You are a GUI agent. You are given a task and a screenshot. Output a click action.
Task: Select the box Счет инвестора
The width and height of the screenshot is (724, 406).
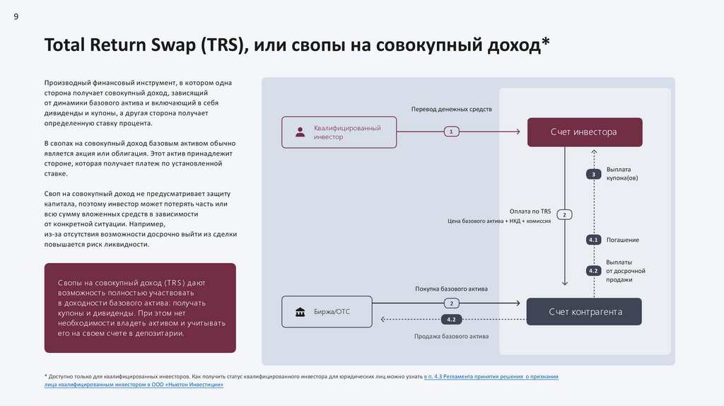tap(584, 132)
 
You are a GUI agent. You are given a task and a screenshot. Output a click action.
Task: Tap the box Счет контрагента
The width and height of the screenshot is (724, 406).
tap(584, 312)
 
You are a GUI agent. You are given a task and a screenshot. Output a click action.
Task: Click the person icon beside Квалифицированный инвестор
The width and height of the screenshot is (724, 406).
tap(300, 132)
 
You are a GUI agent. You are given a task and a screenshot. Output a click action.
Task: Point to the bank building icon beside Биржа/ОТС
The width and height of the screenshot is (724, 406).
tap(300, 312)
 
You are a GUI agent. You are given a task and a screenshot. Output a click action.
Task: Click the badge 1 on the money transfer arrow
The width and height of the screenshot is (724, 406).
tap(451, 132)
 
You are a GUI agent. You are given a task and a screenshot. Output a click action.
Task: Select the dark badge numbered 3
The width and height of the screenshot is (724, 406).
tap(593, 174)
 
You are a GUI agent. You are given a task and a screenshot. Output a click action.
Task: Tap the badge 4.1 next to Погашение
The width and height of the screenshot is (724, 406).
tap(593, 240)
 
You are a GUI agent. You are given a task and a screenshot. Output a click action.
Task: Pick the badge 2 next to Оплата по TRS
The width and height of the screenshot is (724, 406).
tap(564, 214)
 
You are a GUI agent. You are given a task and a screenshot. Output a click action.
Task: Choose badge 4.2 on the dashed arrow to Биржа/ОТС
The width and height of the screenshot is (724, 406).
tap(451, 320)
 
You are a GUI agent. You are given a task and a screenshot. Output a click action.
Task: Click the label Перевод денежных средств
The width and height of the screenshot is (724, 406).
tap(451, 110)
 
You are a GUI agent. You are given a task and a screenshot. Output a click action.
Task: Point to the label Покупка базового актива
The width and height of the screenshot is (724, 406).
tap(451, 289)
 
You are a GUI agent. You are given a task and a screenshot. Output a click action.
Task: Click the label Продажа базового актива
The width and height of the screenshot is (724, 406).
tap(451, 337)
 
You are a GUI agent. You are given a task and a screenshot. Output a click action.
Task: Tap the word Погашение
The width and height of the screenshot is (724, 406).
tap(622, 240)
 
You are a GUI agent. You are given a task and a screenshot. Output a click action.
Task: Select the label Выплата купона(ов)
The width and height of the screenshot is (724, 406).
tap(622, 174)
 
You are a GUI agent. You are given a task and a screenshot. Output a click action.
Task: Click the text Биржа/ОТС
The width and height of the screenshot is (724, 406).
tap(332, 312)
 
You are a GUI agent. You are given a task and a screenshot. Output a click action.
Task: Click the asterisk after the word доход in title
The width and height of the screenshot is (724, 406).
tap(545, 42)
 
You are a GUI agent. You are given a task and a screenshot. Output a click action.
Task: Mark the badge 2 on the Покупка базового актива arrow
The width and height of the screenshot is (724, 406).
tap(451, 303)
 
